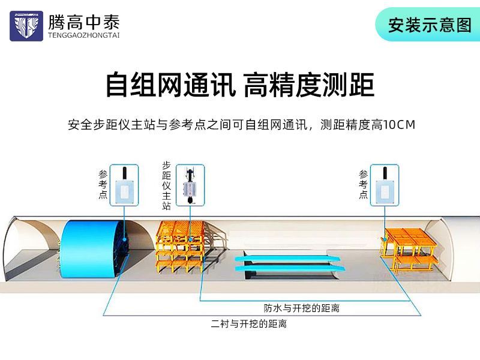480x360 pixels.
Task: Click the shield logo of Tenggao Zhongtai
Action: [26, 26]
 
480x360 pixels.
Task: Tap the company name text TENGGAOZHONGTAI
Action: [83, 35]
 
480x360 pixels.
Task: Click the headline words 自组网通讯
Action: [171, 85]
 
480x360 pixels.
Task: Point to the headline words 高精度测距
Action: [309, 85]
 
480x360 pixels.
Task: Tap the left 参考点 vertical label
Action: [103, 185]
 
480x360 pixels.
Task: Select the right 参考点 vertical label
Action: [364, 185]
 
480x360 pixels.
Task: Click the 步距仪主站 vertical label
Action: [166, 185]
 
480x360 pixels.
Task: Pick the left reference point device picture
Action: [124, 185]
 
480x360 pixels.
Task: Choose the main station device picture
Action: [190, 185]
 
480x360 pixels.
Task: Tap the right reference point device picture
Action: [385, 185]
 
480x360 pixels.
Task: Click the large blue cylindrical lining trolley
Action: [92, 249]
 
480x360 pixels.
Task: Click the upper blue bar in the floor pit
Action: [288, 259]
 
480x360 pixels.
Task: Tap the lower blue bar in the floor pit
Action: [290, 269]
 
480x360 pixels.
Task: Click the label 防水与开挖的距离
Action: [302, 308]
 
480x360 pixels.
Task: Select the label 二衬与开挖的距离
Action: [248, 323]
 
